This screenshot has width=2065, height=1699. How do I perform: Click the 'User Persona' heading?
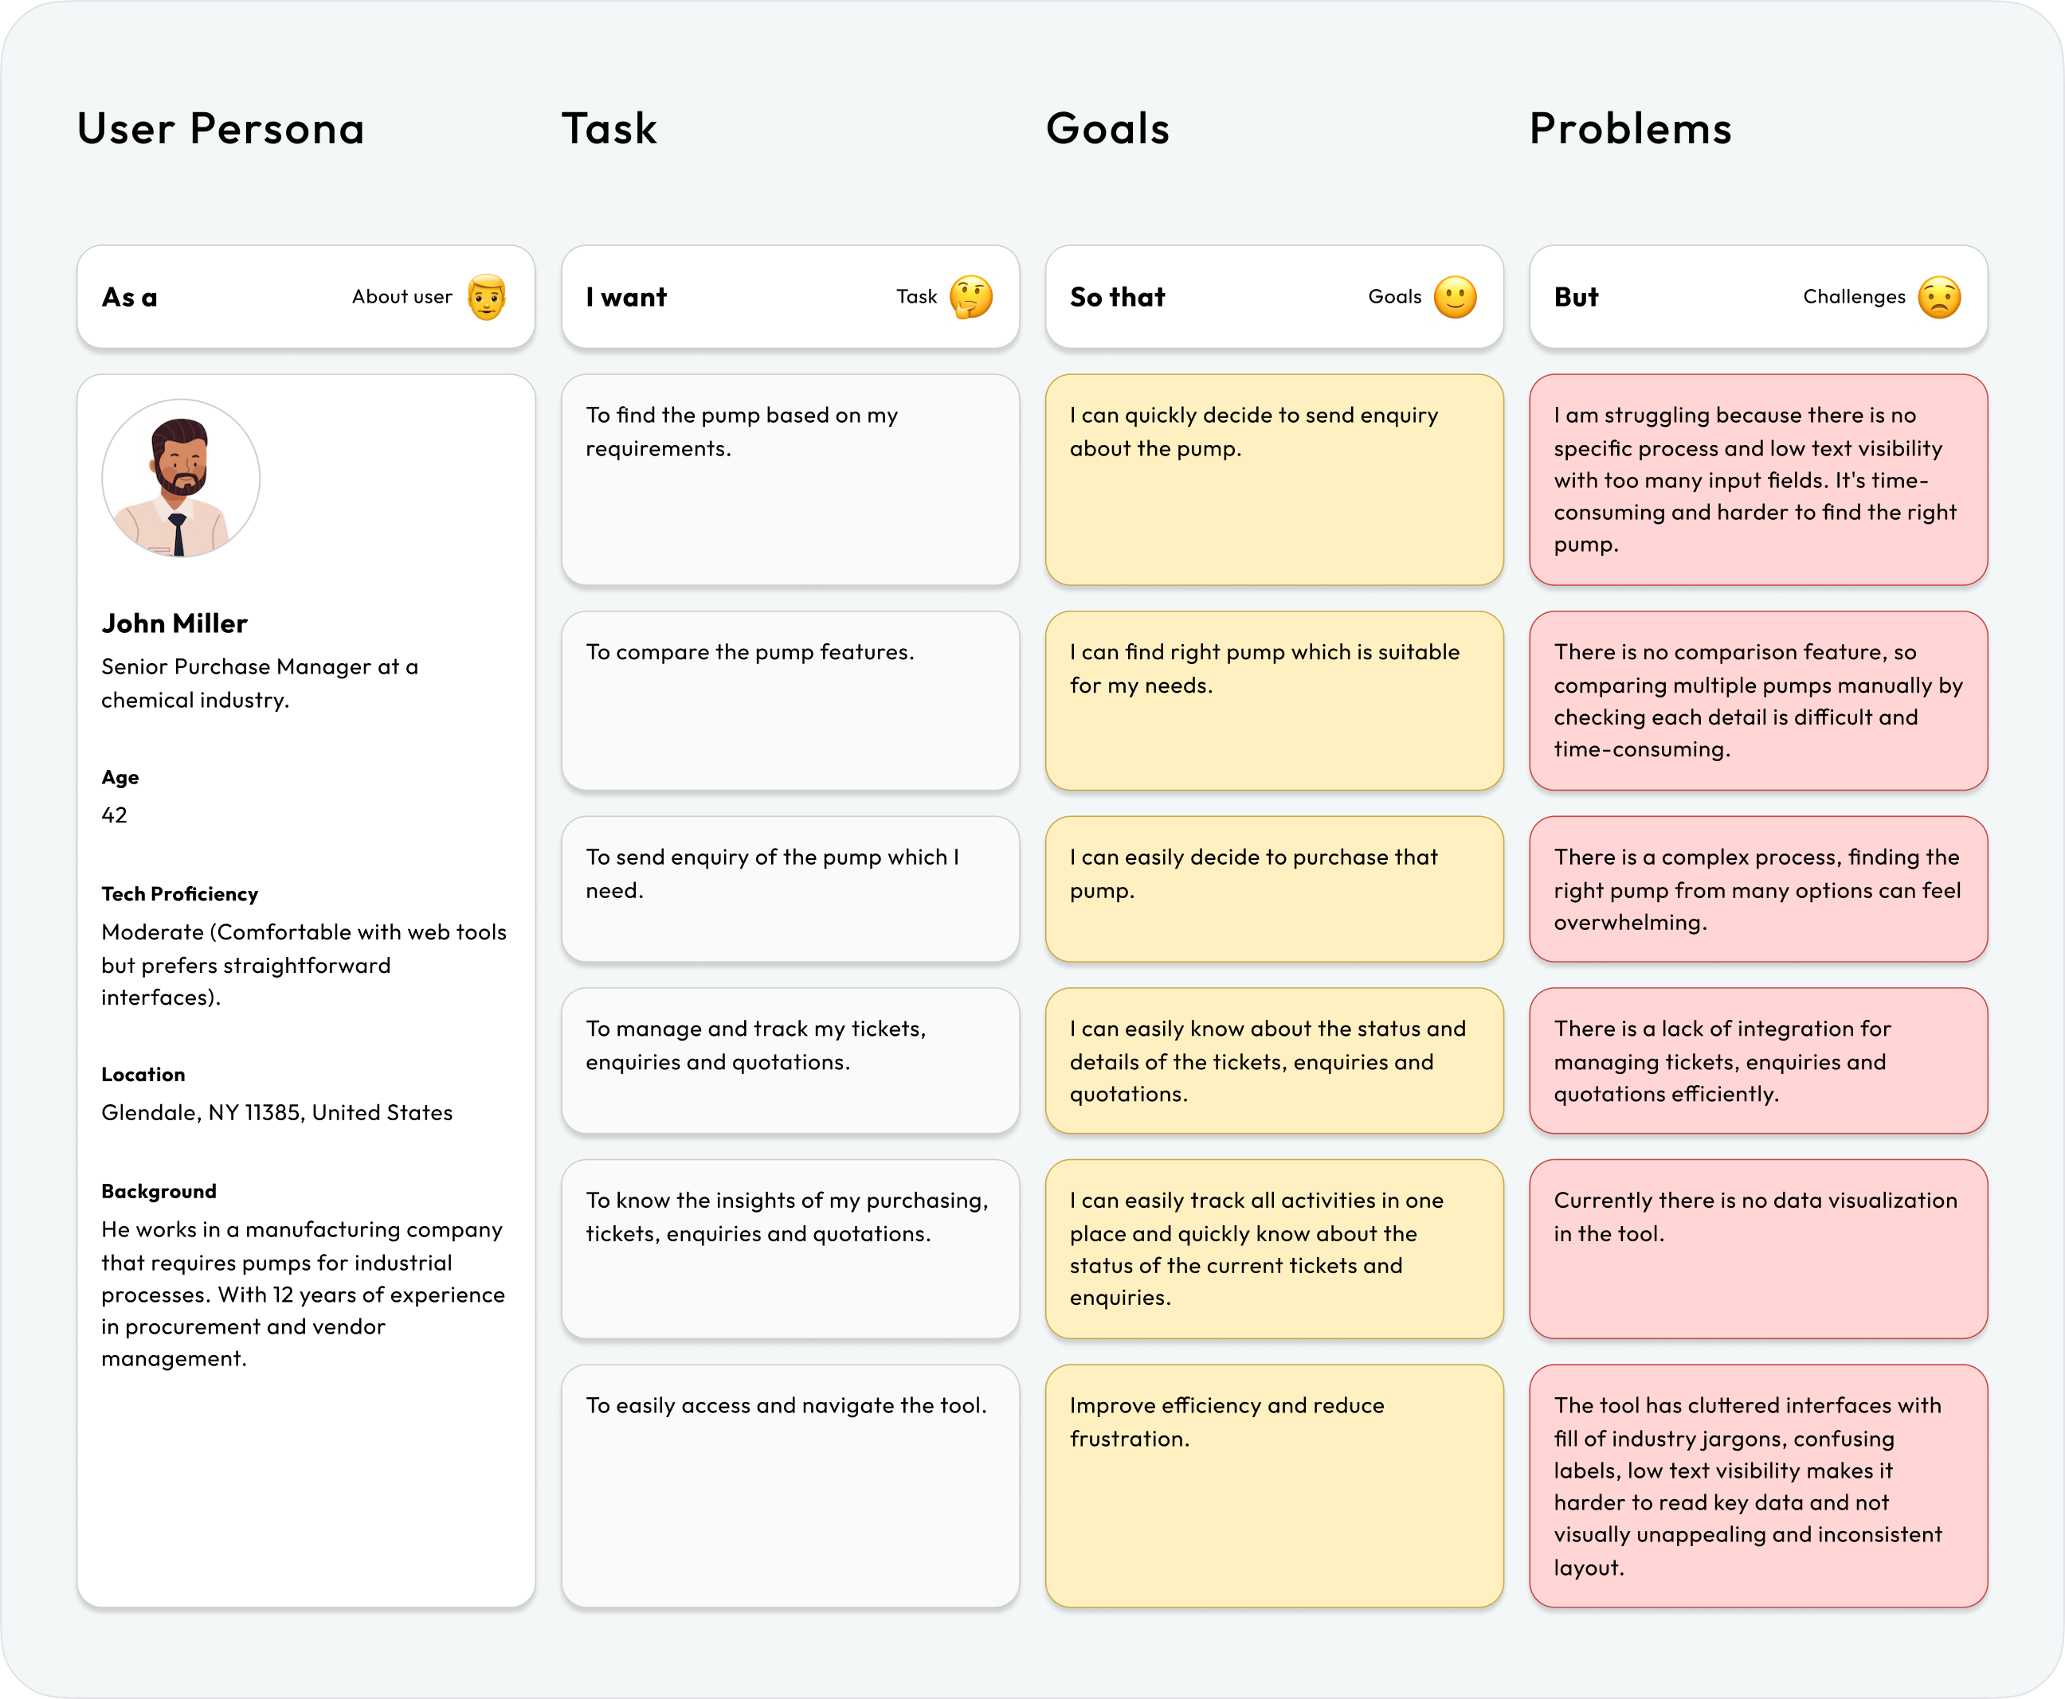[221, 129]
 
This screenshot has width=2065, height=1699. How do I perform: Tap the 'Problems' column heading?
[1630, 129]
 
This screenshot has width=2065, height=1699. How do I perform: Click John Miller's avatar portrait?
[181, 478]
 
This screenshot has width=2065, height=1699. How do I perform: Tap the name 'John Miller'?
[174, 623]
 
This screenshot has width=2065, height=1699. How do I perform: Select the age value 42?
[115, 815]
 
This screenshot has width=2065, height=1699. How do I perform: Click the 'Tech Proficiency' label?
[179, 893]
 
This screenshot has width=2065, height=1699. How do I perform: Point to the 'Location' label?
[143, 1075]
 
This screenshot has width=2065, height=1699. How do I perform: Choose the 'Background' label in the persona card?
[159, 1191]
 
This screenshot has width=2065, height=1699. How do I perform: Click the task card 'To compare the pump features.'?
[790, 701]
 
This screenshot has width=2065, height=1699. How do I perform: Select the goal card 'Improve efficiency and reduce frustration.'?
[1274, 1486]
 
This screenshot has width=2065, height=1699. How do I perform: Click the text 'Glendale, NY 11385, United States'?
[277, 1113]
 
